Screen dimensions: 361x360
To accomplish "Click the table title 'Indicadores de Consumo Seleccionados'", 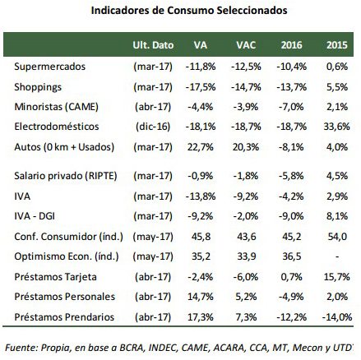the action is point(189,11).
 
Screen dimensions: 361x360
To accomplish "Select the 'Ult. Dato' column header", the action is point(153,45).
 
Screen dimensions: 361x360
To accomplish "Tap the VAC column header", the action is point(246,45).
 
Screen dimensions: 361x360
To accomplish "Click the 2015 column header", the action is point(337,45).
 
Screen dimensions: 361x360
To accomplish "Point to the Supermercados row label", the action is point(50,67).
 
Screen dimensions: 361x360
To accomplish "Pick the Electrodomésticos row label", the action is point(57,127).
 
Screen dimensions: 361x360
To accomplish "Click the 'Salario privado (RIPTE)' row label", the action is point(66,176).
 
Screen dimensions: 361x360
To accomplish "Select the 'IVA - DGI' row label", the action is point(35,216).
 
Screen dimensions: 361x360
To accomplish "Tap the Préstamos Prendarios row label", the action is point(64,317).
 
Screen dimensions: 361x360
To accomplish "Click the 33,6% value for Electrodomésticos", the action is point(336,127).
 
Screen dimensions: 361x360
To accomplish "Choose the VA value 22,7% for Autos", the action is point(201,147).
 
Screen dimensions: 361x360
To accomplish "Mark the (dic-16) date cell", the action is point(153,127).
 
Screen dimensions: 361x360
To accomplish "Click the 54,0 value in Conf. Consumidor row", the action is point(337,237).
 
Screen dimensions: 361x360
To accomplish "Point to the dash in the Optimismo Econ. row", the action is point(337,256).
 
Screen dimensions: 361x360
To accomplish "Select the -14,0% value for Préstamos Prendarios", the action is point(337,317).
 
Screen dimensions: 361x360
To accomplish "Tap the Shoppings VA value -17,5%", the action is point(201,87).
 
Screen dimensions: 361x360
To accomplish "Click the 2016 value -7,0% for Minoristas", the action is point(291,107).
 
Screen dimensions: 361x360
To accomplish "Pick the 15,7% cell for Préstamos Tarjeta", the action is point(336,277).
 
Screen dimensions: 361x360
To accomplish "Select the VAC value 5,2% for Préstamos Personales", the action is point(246,297).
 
